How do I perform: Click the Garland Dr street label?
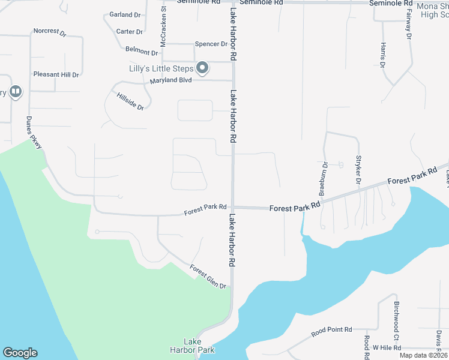125,14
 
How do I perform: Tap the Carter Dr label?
130,32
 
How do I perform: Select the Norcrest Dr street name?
49,32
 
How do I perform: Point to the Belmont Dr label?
141,50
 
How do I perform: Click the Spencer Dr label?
211,44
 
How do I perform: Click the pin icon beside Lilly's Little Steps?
202,68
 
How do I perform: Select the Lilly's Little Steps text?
161,68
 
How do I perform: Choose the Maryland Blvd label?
170,81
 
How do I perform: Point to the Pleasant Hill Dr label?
56,75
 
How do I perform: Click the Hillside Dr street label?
130,101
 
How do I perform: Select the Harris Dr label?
382,55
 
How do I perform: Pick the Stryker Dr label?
358,170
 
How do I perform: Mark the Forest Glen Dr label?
208,277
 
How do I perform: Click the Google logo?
20,353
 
